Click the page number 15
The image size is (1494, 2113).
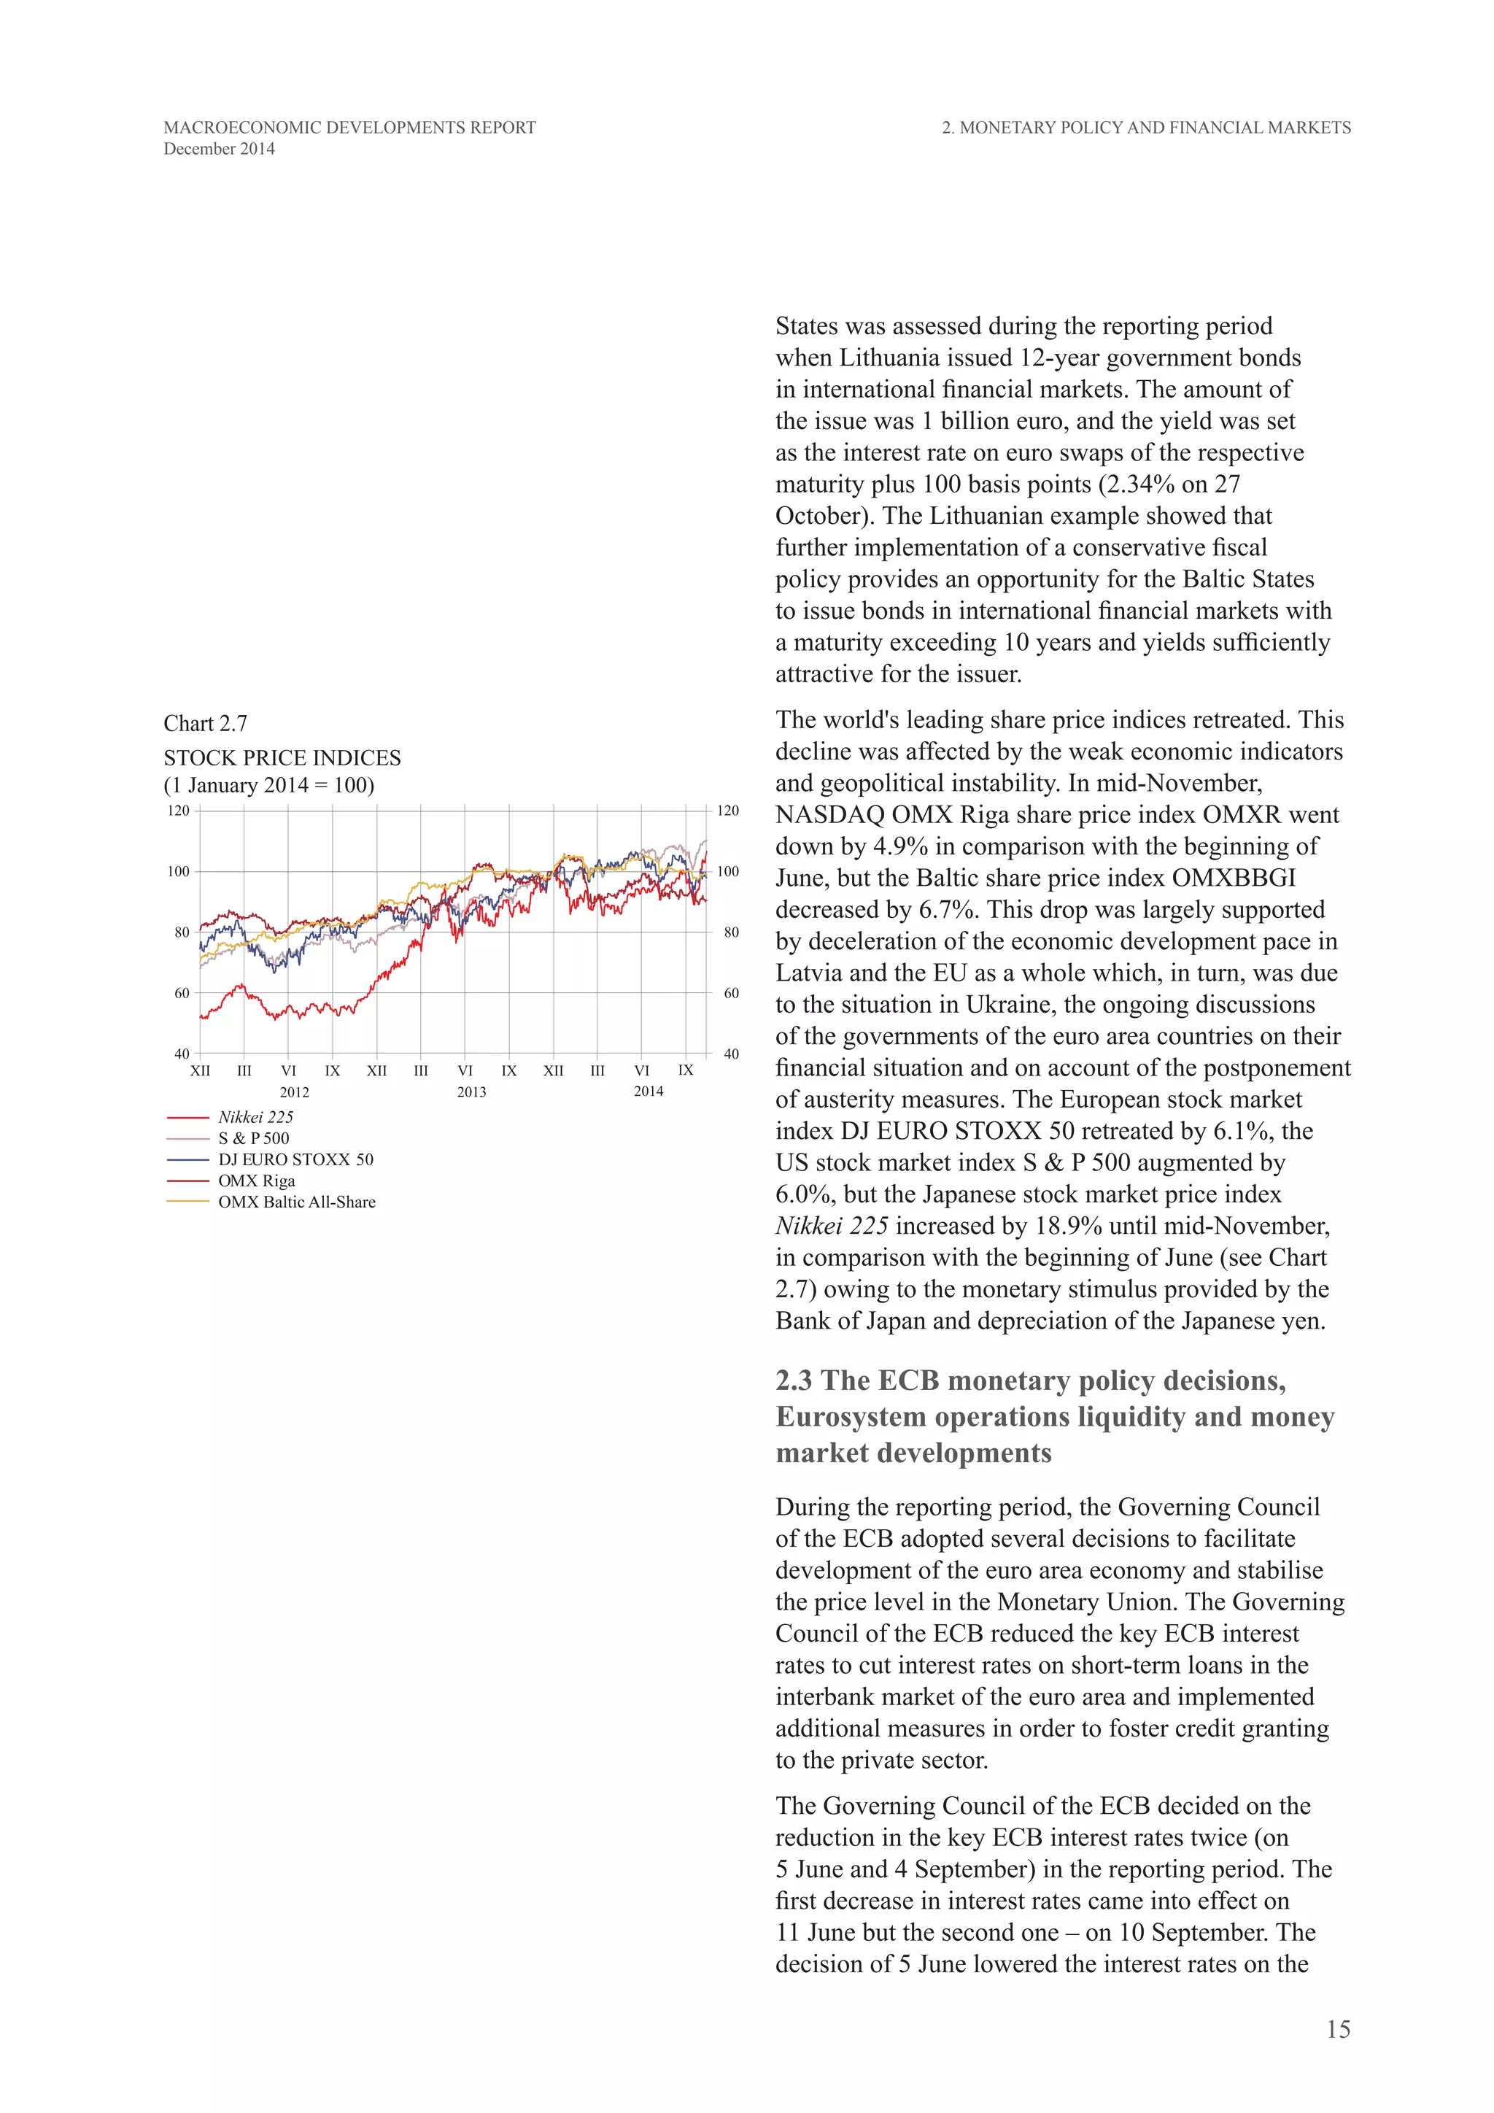tap(1338, 2029)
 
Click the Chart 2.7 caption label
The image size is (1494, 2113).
tap(205, 723)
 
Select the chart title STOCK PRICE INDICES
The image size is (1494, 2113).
tap(282, 757)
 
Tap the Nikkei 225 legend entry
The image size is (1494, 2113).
tap(256, 1117)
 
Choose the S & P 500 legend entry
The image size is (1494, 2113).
tap(253, 1138)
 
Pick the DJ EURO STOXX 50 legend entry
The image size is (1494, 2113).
tap(295, 1159)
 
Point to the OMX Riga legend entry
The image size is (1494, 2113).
tap(256, 1181)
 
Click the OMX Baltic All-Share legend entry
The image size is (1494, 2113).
tap(296, 1202)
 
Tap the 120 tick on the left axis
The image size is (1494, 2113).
tap(179, 811)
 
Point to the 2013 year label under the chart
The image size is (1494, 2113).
tap(471, 1092)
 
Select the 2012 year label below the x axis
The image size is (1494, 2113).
tap(295, 1092)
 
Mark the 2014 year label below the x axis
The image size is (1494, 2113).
tap(648, 1092)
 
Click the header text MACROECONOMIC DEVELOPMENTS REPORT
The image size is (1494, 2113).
tap(349, 128)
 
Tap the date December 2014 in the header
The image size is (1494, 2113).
tap(219, 149)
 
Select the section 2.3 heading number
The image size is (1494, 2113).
tap(795, 1380)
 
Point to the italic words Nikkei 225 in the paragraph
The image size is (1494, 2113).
tap(832, 1226)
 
